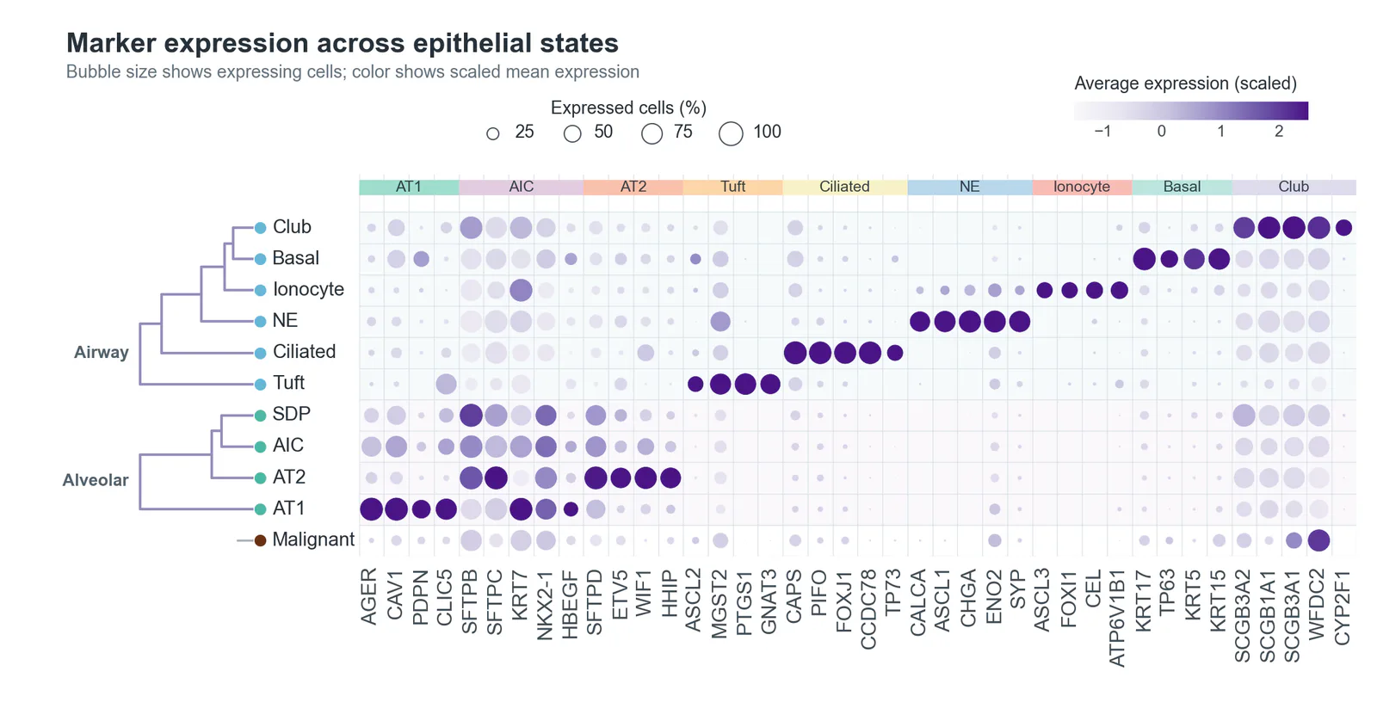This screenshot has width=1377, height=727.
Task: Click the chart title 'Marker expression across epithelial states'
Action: pyautogui.click(x=343, y=43)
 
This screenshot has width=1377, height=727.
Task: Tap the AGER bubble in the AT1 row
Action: pyautogui.click(x=371, y=508)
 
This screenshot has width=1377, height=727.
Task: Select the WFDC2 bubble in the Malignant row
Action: pyautogui.click(x=1318, y=540)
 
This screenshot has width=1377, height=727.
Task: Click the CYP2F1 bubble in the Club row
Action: pyautogui.click(x=1343, y=227)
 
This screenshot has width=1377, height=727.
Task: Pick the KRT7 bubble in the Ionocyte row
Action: pyautogui.click(x=521, y=290)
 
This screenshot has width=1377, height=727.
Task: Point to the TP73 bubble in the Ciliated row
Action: pyautogui.click(x=895, y=353)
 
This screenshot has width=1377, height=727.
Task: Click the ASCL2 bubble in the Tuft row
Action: pyautogui.click(x=695, y=384)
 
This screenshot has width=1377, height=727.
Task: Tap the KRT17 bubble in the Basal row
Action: pyautogui.click(x=1144, y=259)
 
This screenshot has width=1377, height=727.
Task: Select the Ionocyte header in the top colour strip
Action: pyautogui.click(x=1082, y=187)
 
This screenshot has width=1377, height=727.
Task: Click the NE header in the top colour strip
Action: pyautogui.click(x=969, y=187)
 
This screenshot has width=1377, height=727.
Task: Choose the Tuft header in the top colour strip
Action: pyautogui.click(x=732, y=187)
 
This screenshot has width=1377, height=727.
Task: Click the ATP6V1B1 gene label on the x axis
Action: pyautogui.click(x=1118, y=619)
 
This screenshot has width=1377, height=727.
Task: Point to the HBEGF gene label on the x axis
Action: pyautogui.click(x=570, y=605)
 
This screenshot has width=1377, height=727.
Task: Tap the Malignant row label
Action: pyautogui.click(x=313, y=539)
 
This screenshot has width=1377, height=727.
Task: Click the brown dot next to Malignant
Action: pyautogui.click(x=260, y=540)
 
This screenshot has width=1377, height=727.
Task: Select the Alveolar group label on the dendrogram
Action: pyautogui.click(x=96, y=480)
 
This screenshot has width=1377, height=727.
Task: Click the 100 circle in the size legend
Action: pyautogui.click(x=731, y=133)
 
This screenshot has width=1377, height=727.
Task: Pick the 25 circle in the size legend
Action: pyautogui.click(x=493, y=133)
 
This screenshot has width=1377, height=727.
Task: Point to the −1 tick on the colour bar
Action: pyautogui.click(x=1102, y=132)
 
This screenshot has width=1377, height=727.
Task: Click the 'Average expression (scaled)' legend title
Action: pyautogui.click(x=1185, y=83)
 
